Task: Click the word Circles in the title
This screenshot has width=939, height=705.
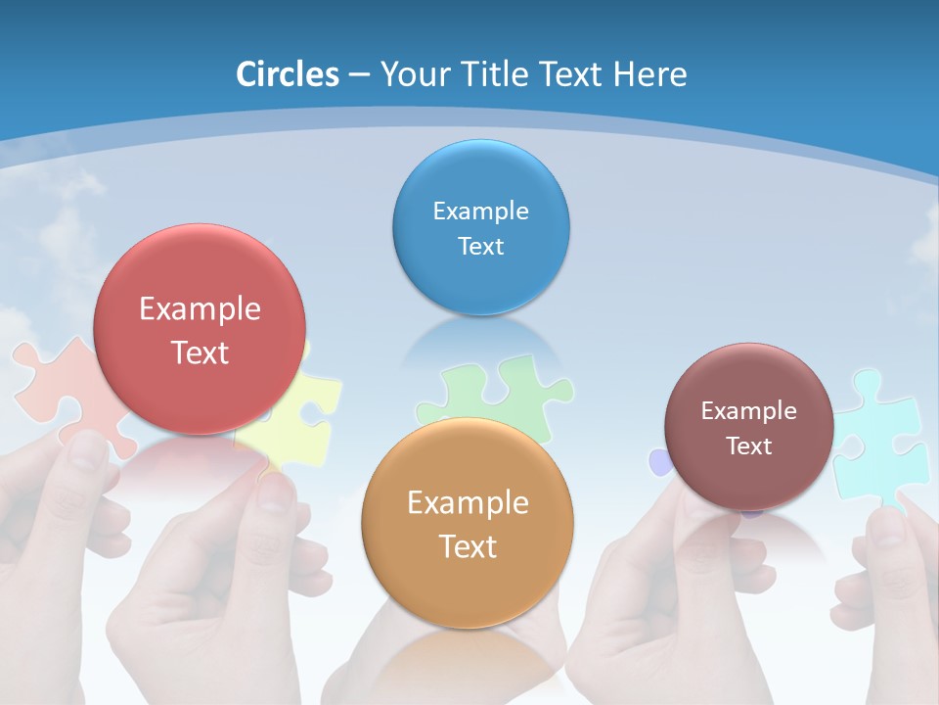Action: pos(288,74)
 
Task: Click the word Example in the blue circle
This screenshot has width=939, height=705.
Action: pos(480,211)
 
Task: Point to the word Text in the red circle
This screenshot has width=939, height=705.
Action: pos(200,352)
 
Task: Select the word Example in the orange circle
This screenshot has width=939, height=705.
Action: pos(468,503)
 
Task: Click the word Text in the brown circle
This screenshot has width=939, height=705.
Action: pos(749,446)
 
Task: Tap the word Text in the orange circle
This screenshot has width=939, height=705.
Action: pos(468,546)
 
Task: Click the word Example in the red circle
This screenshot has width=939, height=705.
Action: pos(200,309)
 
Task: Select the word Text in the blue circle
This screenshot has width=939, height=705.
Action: pos(480,247)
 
